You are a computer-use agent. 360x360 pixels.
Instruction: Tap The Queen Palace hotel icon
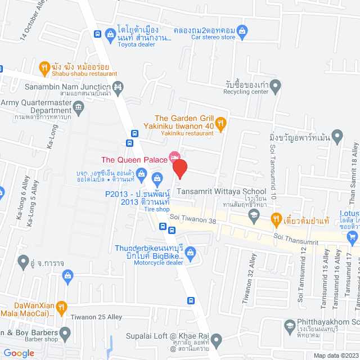pos(174,156)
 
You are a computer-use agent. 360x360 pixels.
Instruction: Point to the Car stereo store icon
pos(242,30)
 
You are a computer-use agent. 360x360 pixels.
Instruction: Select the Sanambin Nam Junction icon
pos(118,87)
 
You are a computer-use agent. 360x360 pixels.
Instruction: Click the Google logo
pos(19,353)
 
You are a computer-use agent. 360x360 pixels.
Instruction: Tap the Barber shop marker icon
pos(65,334)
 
